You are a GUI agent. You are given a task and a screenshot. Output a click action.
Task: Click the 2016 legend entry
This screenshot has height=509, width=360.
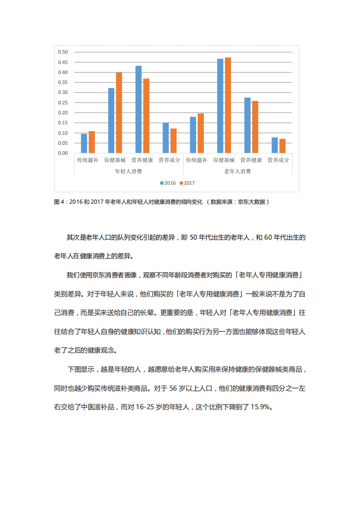[168, 183]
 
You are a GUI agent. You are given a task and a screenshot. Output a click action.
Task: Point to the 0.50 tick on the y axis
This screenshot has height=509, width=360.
[63, 52]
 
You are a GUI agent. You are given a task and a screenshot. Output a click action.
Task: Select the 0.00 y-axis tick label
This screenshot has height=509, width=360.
[63, 153]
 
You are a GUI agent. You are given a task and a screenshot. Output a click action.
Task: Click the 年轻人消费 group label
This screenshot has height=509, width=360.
[128, 171]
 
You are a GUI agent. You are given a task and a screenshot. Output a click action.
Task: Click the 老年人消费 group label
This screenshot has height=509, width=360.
[237, 171]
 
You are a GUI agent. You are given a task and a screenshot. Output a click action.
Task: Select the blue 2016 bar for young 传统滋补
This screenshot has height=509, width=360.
[84, 143]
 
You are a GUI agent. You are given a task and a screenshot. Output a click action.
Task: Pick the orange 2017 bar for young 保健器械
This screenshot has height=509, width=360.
[119, 113]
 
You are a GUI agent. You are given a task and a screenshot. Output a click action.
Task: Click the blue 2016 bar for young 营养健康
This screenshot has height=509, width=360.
[138, 109]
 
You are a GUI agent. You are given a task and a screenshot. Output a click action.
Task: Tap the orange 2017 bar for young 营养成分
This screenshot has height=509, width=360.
[173, 141]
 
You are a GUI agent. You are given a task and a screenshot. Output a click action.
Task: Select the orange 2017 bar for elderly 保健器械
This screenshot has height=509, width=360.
[228, 105]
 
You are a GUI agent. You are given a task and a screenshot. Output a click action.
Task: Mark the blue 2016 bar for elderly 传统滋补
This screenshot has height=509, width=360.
[193, 135]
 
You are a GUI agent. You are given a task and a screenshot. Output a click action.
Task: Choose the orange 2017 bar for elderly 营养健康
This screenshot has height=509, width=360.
[255, 127]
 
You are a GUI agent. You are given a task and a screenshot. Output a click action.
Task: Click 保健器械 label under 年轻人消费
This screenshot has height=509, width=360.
[115, 160]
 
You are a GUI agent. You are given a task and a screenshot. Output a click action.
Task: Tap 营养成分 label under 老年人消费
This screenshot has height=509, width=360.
[278, 160]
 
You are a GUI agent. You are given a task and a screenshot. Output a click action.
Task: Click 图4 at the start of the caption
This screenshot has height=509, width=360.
[59, 202]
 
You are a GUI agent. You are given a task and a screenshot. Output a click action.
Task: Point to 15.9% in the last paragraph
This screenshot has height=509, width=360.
[260, 407]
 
